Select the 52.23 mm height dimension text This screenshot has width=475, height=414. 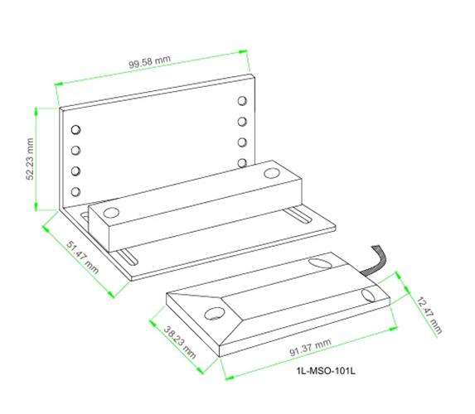point(31,158)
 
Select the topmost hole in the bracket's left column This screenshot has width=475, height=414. point(75,131)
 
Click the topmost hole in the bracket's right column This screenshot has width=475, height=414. point(242,102)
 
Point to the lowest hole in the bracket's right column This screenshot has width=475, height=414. point(242,162)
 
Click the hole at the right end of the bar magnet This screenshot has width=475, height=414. point(271,174)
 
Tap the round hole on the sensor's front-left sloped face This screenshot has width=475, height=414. point(214,314)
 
